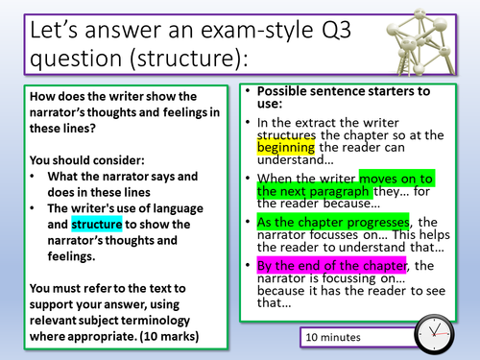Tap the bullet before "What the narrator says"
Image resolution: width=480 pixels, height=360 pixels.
pos(35,177)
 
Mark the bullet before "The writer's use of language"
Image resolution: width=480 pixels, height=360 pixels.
pos(35,208)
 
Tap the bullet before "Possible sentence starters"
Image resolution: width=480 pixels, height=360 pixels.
pos(248,94)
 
